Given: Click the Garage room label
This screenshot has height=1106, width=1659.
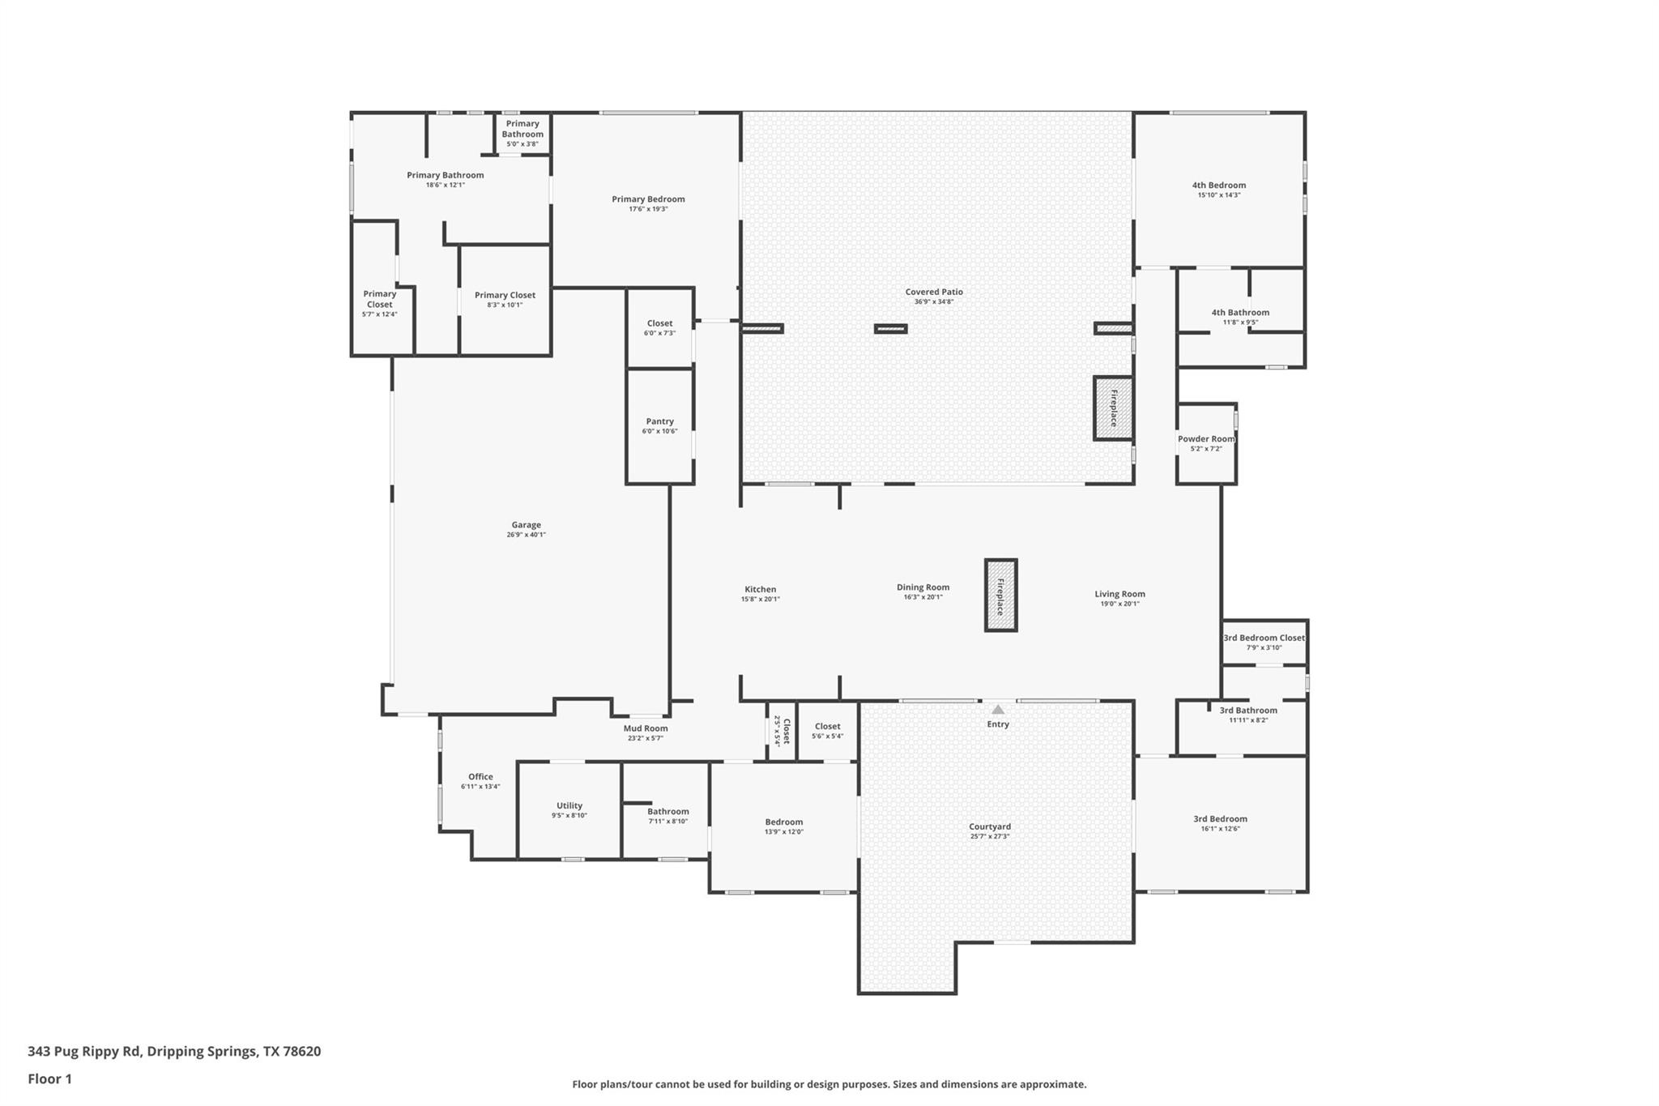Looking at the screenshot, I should [x=526, y=525].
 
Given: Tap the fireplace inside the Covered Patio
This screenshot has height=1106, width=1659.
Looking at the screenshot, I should [x=1113, y=408].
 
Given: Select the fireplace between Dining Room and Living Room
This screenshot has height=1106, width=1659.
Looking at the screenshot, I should [x=1000, y=596].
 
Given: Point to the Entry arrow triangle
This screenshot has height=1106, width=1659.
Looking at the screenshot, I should [x=998, y=710].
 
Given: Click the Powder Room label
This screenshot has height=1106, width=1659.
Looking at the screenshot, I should [x=1206, y=439].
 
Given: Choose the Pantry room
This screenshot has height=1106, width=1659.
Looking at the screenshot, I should [x=659, y=426].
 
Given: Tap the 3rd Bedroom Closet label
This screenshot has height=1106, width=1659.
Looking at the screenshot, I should [x=1264, y=638].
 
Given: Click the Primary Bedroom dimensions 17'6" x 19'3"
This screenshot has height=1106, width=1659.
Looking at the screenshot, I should [x=648, y=209].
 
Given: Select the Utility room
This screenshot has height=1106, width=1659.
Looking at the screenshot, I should [x=569, y=810].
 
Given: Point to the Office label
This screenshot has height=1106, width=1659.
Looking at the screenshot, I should [x=480, y=776].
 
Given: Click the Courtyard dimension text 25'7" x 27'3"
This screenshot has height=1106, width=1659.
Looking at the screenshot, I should [x=990, y=836].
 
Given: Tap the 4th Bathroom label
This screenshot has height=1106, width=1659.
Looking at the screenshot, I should [x=1240, y=312].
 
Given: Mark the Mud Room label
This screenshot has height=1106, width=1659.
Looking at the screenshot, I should [x=646, y=728].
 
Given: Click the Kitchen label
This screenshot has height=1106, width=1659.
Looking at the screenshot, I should [x=760, y=589].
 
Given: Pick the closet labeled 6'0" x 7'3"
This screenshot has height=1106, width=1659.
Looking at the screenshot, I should [x=659, y=328].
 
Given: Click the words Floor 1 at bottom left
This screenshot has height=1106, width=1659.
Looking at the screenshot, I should [x=49, y=1078].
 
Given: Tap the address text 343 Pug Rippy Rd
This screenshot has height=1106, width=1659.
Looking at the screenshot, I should [x=84, y=1051].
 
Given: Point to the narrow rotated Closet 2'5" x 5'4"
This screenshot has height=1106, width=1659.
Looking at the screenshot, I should [x=781, y=731].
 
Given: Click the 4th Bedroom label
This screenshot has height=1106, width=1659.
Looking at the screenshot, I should [x=1218, y=185].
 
